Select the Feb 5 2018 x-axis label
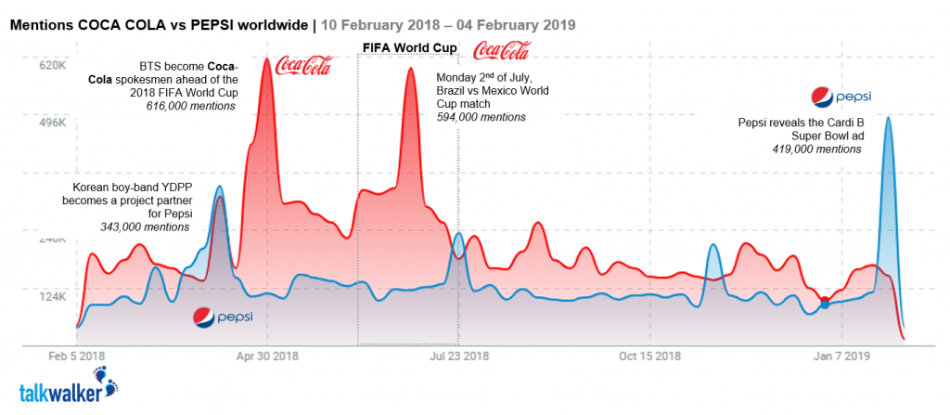click(x=77, y=356)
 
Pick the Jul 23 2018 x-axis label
click(x=459, y=356)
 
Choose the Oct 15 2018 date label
click(x=649, y=356)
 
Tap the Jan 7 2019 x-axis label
click(x=841, y=356)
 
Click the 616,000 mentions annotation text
click(x=190, y=106)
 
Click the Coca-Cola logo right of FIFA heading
click(x=501, y=51)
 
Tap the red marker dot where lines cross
click(x=824, y=300)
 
